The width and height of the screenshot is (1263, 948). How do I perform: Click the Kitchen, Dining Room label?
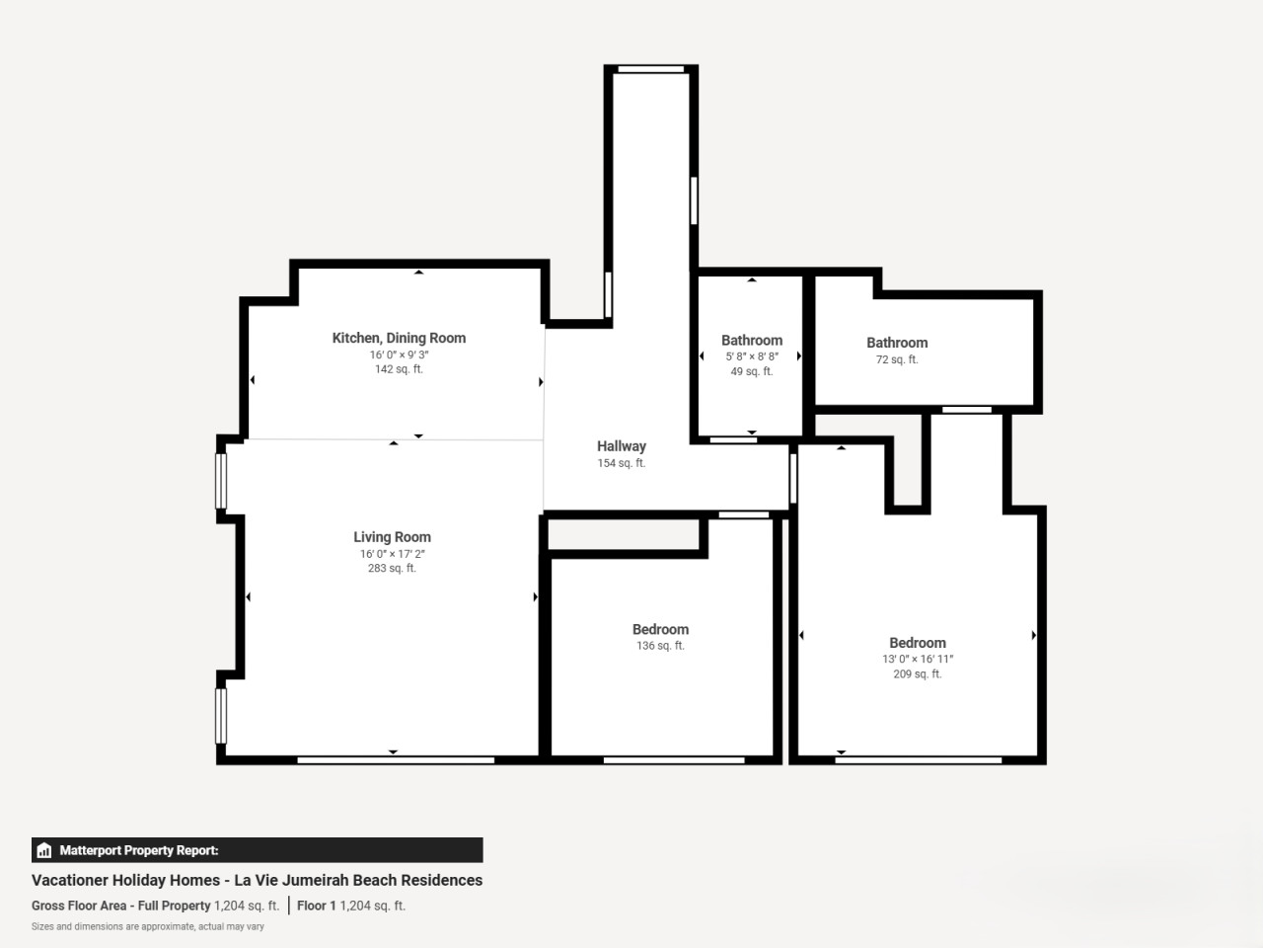(x=399, y=338)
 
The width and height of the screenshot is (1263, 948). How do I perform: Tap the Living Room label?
(x=392, y=537)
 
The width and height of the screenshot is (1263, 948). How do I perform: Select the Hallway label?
(x=622, y=446)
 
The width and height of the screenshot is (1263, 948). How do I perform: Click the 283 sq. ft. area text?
(x=392, y=568)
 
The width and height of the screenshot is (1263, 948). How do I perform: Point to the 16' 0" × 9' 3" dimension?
(x=399, y=355)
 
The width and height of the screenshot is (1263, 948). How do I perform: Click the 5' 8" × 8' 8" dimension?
(x=752, y=356)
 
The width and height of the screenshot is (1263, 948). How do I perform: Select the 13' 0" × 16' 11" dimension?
(x=918, y=659)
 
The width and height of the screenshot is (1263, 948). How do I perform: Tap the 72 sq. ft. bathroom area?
(x=897, y=359)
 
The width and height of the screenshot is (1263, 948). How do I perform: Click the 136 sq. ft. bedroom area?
(x=660, y=645)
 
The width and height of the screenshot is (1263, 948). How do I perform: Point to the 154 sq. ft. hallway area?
(x=622, y=463)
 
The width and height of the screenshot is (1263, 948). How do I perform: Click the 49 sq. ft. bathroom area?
(x=752, y=371)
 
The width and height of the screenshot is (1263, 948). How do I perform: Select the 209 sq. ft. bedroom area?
(x=918, y=673)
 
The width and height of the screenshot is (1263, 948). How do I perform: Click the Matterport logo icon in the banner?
(x=44, y=850)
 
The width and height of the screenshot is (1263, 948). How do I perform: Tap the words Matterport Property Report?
(x=139, y=850)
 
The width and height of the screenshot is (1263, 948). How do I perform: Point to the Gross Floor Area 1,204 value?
(x=247, y=906)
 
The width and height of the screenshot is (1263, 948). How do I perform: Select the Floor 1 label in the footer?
(x=317, y=906)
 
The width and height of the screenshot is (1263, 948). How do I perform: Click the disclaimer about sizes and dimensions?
(x=148, y=926)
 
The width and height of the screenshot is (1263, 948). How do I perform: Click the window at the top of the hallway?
(x=651, y=69)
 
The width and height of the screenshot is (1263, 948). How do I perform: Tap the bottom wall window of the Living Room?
(x=396, y=760)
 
